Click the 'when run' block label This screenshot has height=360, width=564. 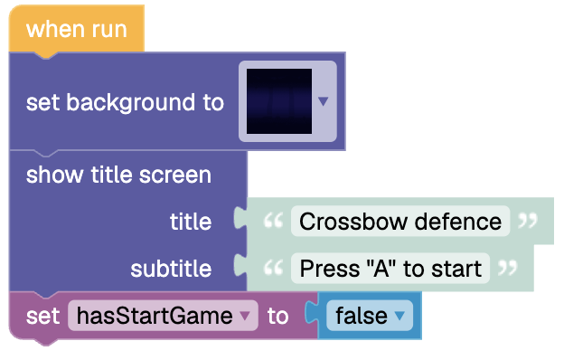tap(77, 29)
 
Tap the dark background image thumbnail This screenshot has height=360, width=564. tap(279, 101)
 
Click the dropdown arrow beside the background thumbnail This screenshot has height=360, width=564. tap(324, 101)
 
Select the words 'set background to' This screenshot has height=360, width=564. tap(125, 102)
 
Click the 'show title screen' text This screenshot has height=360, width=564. tap(118, 175)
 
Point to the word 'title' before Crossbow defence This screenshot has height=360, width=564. tap(191, 222)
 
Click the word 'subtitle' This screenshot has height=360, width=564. tap(171, 269)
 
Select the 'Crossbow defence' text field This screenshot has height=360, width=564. tap(400, 221)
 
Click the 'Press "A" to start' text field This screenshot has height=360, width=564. tap(390, 269)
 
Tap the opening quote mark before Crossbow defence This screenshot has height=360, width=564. tap(273, 221)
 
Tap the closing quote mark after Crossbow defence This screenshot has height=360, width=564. tap(528, 221)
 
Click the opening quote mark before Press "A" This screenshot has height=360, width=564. tap(273, 268)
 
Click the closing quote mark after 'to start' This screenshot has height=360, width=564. tap(508, 268)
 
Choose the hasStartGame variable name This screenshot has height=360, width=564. tap(155, 316)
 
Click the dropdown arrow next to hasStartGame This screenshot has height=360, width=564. tap(245, 316)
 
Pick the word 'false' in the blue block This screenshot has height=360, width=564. tap(362, 316)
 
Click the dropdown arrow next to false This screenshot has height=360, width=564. tap(399, 316)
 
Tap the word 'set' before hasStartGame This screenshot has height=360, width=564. tap(42, 316)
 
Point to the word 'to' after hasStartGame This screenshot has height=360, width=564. tap(278, 317)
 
